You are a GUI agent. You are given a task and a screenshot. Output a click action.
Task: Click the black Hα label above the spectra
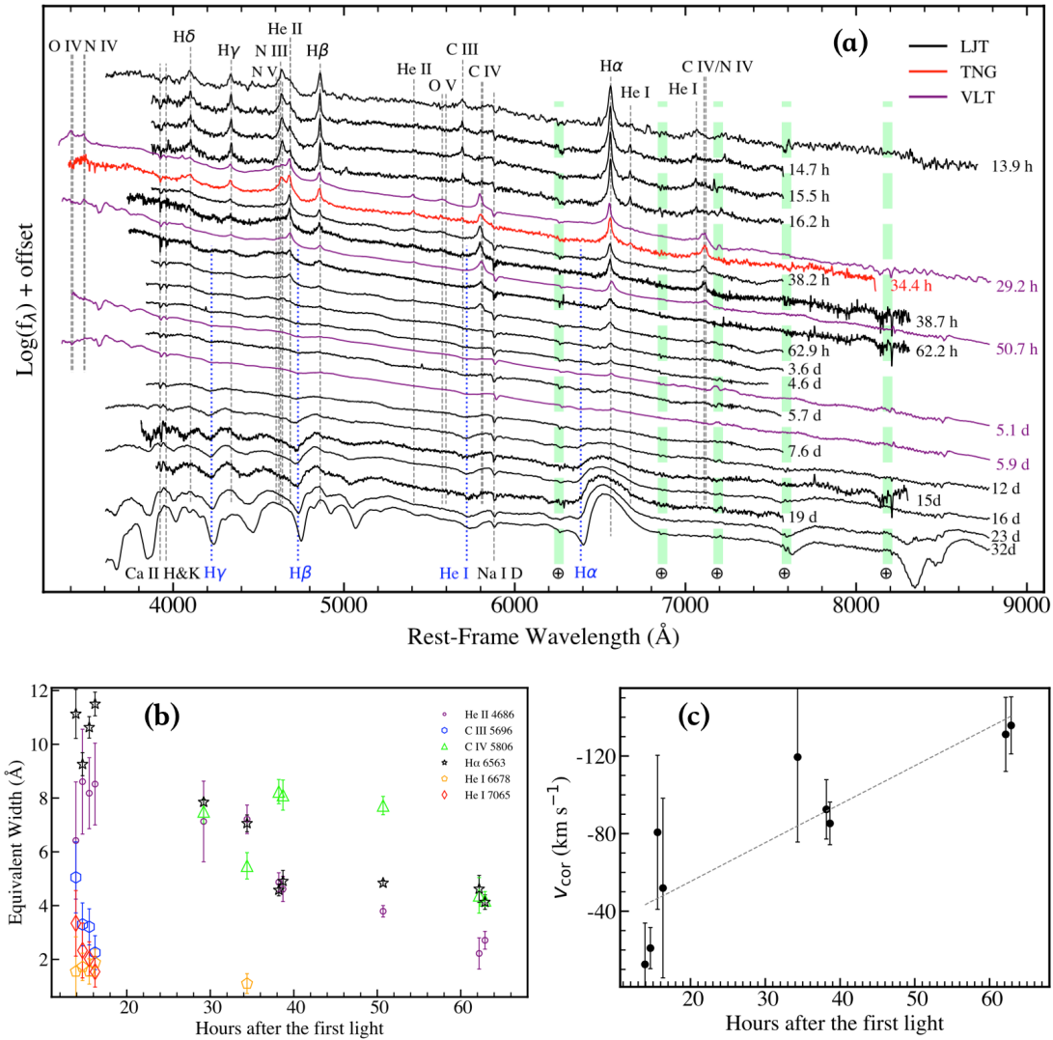(611, 67)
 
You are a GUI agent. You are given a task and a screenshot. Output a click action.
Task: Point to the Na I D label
(500, 573)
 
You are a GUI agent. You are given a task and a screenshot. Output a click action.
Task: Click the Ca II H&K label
(162, 573)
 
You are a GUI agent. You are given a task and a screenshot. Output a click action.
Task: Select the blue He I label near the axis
(455, 573)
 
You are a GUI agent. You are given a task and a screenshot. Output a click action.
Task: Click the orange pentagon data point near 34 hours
(247, 983)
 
